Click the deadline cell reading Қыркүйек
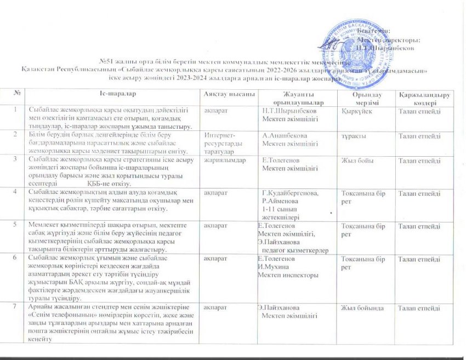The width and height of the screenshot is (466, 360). point(357,111)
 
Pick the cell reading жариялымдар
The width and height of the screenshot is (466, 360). point(223,160)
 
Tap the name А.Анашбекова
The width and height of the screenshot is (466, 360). point(285,135)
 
